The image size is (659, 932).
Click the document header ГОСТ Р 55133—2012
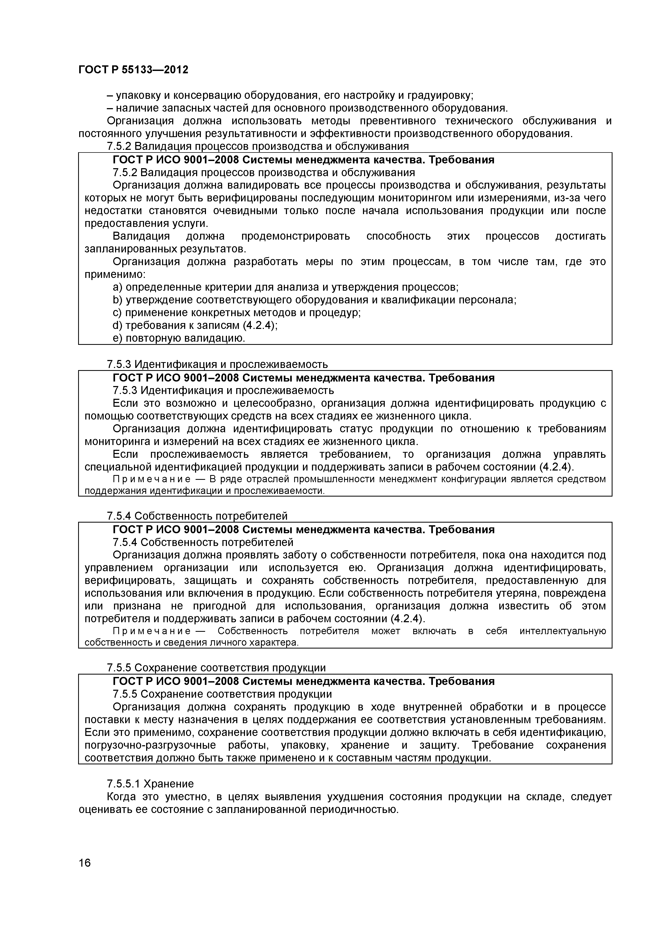tap(133, 70)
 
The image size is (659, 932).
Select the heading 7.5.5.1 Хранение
tap(150, 783)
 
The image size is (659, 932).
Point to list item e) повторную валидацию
tap(179, 338)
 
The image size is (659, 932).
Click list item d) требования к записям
tap(195, 325)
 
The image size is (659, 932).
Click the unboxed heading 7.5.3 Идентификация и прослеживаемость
tap(217, 364)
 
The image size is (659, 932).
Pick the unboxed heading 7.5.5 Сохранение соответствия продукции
tap(216, 668)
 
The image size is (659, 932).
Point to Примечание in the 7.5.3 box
tap(151, 479)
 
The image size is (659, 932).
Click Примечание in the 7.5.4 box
tap(151, 631)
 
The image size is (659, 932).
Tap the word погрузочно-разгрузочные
tap(150, 745)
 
